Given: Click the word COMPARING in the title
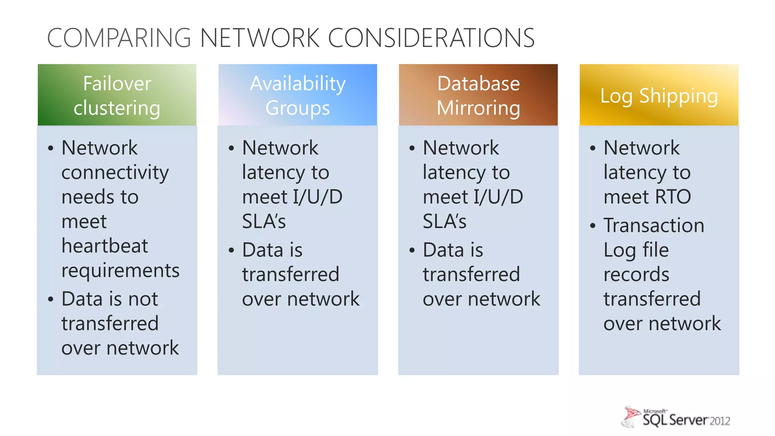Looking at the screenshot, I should (x=119, y=38).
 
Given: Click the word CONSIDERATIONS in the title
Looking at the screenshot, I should (x=431, y=38).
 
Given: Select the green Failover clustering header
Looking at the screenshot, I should (x=117, y=95).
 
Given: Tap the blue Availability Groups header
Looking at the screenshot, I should (x=297, y=95).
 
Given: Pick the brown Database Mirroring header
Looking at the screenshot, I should (x=478, y=95).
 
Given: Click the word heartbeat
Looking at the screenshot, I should (x=105, y=246).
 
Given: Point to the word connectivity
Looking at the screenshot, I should (x=115, y=173).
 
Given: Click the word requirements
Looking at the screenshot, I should (x=120, y=271).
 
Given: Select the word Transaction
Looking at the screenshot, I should (x=654, y=226).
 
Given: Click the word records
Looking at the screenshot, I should (x=636, y=274).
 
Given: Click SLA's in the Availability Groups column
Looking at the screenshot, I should (x=264, y=221).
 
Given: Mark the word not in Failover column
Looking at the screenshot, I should (x=143, y=299).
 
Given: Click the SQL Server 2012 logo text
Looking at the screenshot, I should (x=686, y=420).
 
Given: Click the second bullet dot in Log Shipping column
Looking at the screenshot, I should (x=593, y=226).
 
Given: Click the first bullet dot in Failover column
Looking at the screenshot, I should (x=51, y=148).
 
